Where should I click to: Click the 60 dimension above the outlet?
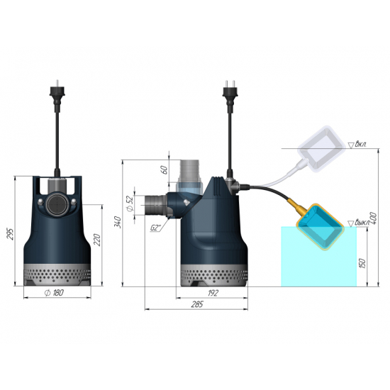coord(165,169)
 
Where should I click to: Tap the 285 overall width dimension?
coord(196,305)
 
